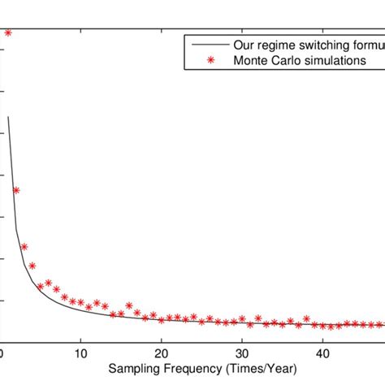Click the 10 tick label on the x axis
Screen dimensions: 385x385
coord(80,353)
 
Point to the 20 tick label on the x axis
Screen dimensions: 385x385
coord(161,353)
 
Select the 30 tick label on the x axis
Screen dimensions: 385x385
coord(242,353)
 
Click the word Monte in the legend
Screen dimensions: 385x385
coord(249,60)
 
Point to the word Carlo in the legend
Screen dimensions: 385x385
coord(283,60)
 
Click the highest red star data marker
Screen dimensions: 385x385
coord(8,32)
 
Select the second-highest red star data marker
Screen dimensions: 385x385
coord(16,190)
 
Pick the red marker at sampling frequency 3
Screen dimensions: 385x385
coord(24,247)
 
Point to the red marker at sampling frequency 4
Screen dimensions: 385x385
coord(32,266)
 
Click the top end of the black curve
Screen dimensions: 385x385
coord(8,117)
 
